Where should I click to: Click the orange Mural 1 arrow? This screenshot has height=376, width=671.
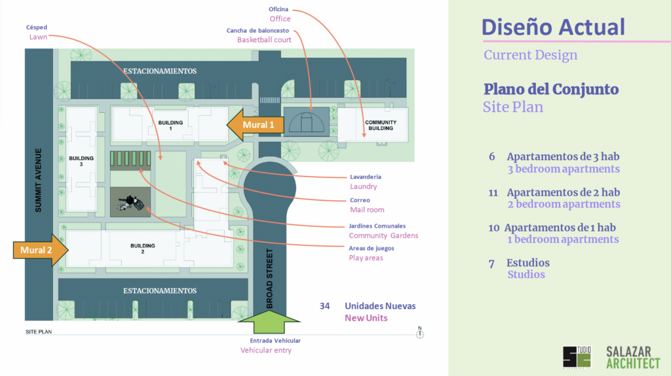pyautogui.click(x=254, y=125)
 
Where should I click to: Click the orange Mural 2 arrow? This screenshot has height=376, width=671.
pyautogui.click(x=40, y=249)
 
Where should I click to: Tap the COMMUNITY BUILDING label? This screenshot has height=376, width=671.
pyautogui.click(x=380, y=125)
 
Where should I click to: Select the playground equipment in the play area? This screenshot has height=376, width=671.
pyautogui.click(x=132, y=202)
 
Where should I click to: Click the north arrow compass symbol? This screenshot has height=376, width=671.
pyautogui.click(x=420, y=333)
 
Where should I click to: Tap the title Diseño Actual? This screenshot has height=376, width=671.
pyautogui.click(x=553, y=27)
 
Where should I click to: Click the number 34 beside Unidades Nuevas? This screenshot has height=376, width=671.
pyautogui.click(x=325, y=306)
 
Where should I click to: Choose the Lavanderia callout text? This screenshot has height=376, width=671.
pyautogui.click(x=365, y=177)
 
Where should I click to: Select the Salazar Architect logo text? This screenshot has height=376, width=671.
pyautogui.click(x=633, y=357)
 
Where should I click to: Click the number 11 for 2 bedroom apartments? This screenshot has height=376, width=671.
pyautogui.click(x=494, y=193)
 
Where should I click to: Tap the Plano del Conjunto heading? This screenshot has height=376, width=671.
pyautogui.click(x=551, y=89)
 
